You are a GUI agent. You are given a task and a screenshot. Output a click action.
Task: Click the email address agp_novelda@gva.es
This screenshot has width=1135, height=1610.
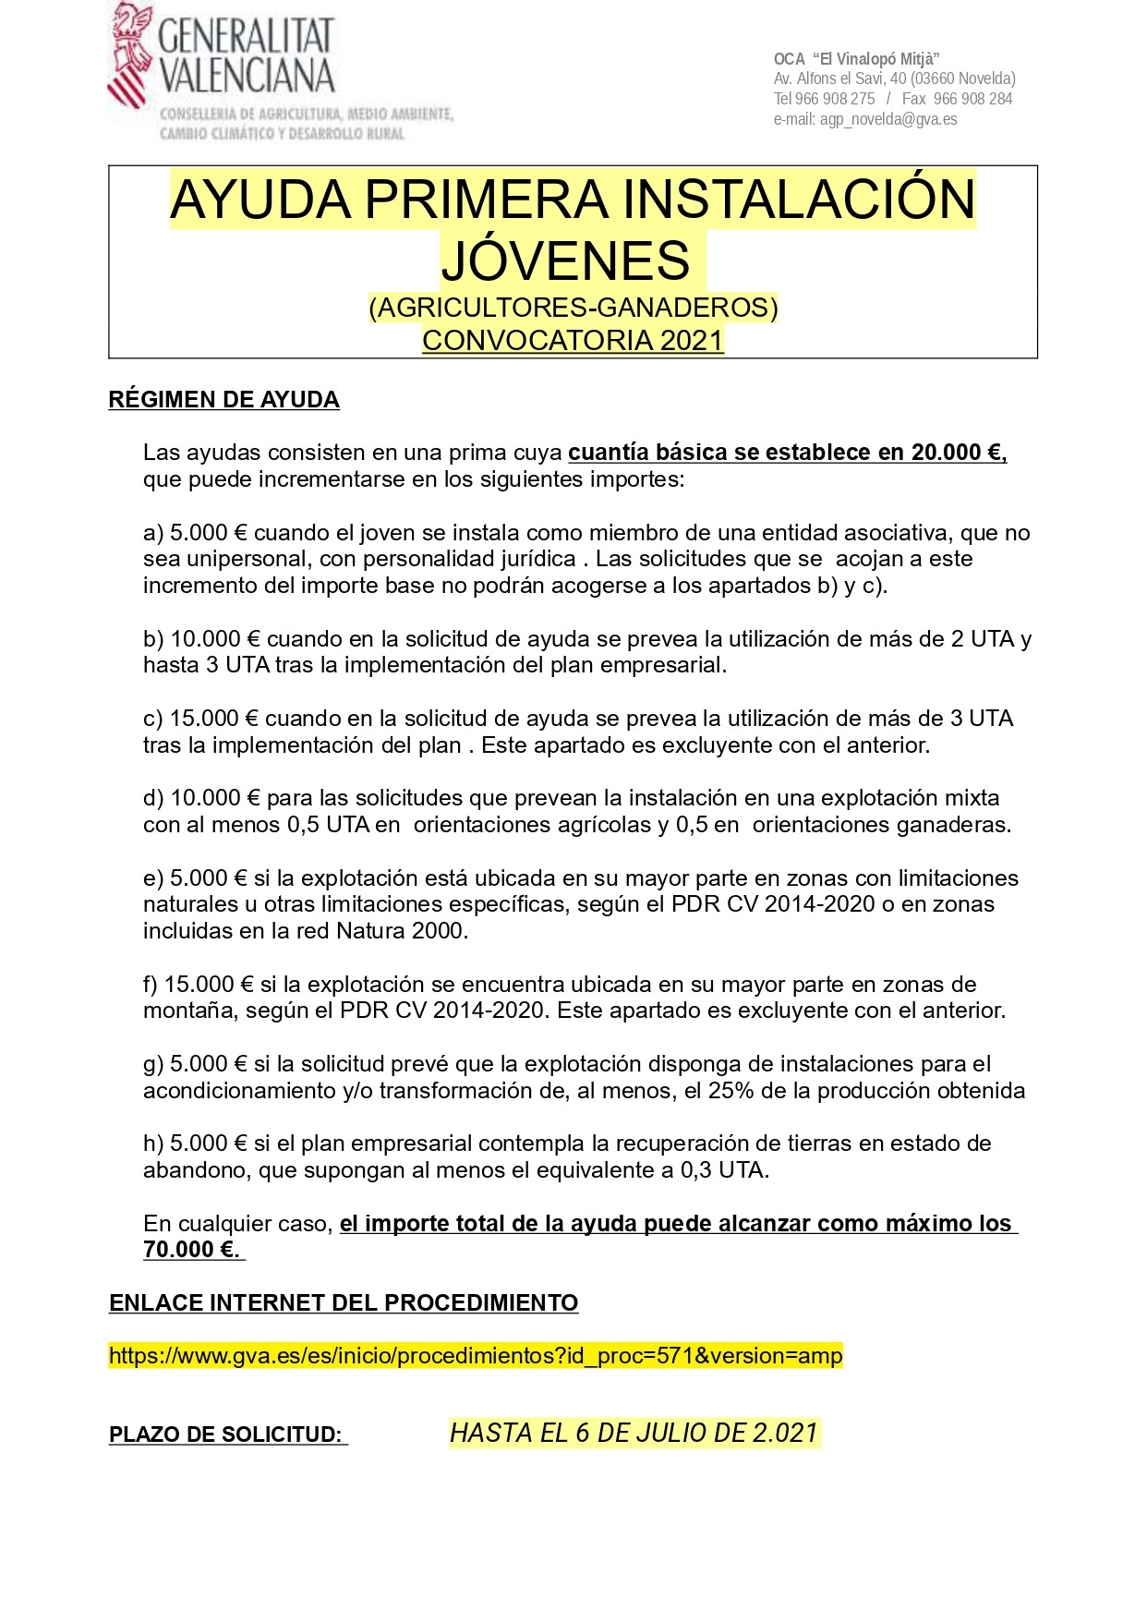[887, 119]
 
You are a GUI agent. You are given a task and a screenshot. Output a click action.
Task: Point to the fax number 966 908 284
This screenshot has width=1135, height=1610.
[972, 99]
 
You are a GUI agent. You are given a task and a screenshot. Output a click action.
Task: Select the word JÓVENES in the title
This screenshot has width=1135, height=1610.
[565, 260]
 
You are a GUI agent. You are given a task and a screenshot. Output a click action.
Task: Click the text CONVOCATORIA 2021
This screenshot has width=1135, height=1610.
[573, 340]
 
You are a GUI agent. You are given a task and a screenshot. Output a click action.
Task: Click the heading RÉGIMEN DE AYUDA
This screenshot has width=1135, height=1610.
[223, 400]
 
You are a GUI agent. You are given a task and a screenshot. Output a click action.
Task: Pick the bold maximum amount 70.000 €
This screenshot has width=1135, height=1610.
[191, 1250]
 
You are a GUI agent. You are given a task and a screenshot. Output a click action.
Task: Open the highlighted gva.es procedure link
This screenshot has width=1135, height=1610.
[476, 1356]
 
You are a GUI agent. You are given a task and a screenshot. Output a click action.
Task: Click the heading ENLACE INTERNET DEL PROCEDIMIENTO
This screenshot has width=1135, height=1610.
[344, 1303]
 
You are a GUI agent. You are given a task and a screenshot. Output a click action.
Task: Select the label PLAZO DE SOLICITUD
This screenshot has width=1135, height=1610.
[226, 1434]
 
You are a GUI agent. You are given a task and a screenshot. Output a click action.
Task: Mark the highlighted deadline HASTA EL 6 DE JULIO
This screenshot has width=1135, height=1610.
[634, 1433]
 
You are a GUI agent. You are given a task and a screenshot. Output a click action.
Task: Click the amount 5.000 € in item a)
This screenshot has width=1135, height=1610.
[209, 533]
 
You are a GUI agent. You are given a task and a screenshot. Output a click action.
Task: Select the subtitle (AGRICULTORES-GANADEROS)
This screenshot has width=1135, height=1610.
[573, 308]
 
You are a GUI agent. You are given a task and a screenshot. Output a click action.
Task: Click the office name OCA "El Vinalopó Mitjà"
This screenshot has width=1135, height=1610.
[856, 59]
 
